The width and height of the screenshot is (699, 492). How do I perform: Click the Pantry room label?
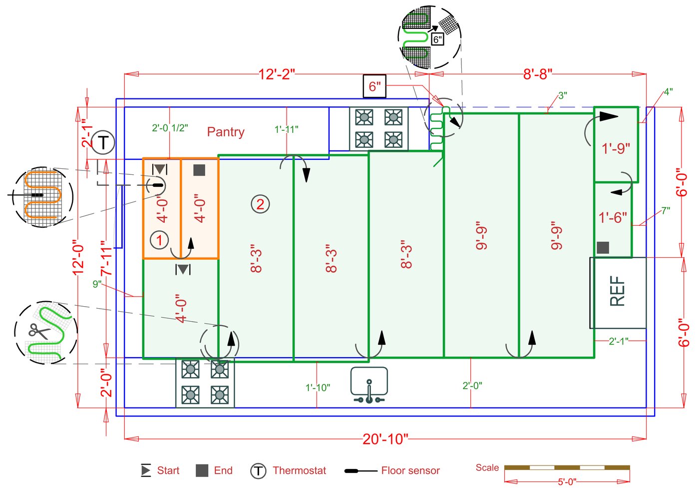[226, 132]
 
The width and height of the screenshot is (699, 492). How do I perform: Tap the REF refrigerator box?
[618, 292]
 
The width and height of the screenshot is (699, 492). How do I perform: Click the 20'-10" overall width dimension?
[385, 439]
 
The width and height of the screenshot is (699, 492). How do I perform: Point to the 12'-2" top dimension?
[276, 74]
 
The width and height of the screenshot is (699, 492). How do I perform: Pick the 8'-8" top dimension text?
[537, 74]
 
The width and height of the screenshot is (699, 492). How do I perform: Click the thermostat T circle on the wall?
[103, 143]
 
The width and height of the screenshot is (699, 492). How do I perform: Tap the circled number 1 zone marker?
[159, 240]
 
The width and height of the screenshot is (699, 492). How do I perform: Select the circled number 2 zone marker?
[260, 204]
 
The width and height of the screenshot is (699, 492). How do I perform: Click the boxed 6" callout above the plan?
[374, 86]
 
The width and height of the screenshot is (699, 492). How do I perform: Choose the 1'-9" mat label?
[616, 148]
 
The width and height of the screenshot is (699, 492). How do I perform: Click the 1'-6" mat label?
[613, 217]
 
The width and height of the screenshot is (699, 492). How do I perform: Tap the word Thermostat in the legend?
[299, 471]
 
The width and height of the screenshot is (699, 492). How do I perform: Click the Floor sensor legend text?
[410, 471]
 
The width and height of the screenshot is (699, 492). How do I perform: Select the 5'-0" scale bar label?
[567, 482]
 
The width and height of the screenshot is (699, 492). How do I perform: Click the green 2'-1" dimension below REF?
[618, 341]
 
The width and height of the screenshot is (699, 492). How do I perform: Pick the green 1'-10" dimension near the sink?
[318, 388]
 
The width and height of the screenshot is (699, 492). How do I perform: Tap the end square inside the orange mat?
[199, 170]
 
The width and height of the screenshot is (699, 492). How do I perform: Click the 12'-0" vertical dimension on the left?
[78, 257]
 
